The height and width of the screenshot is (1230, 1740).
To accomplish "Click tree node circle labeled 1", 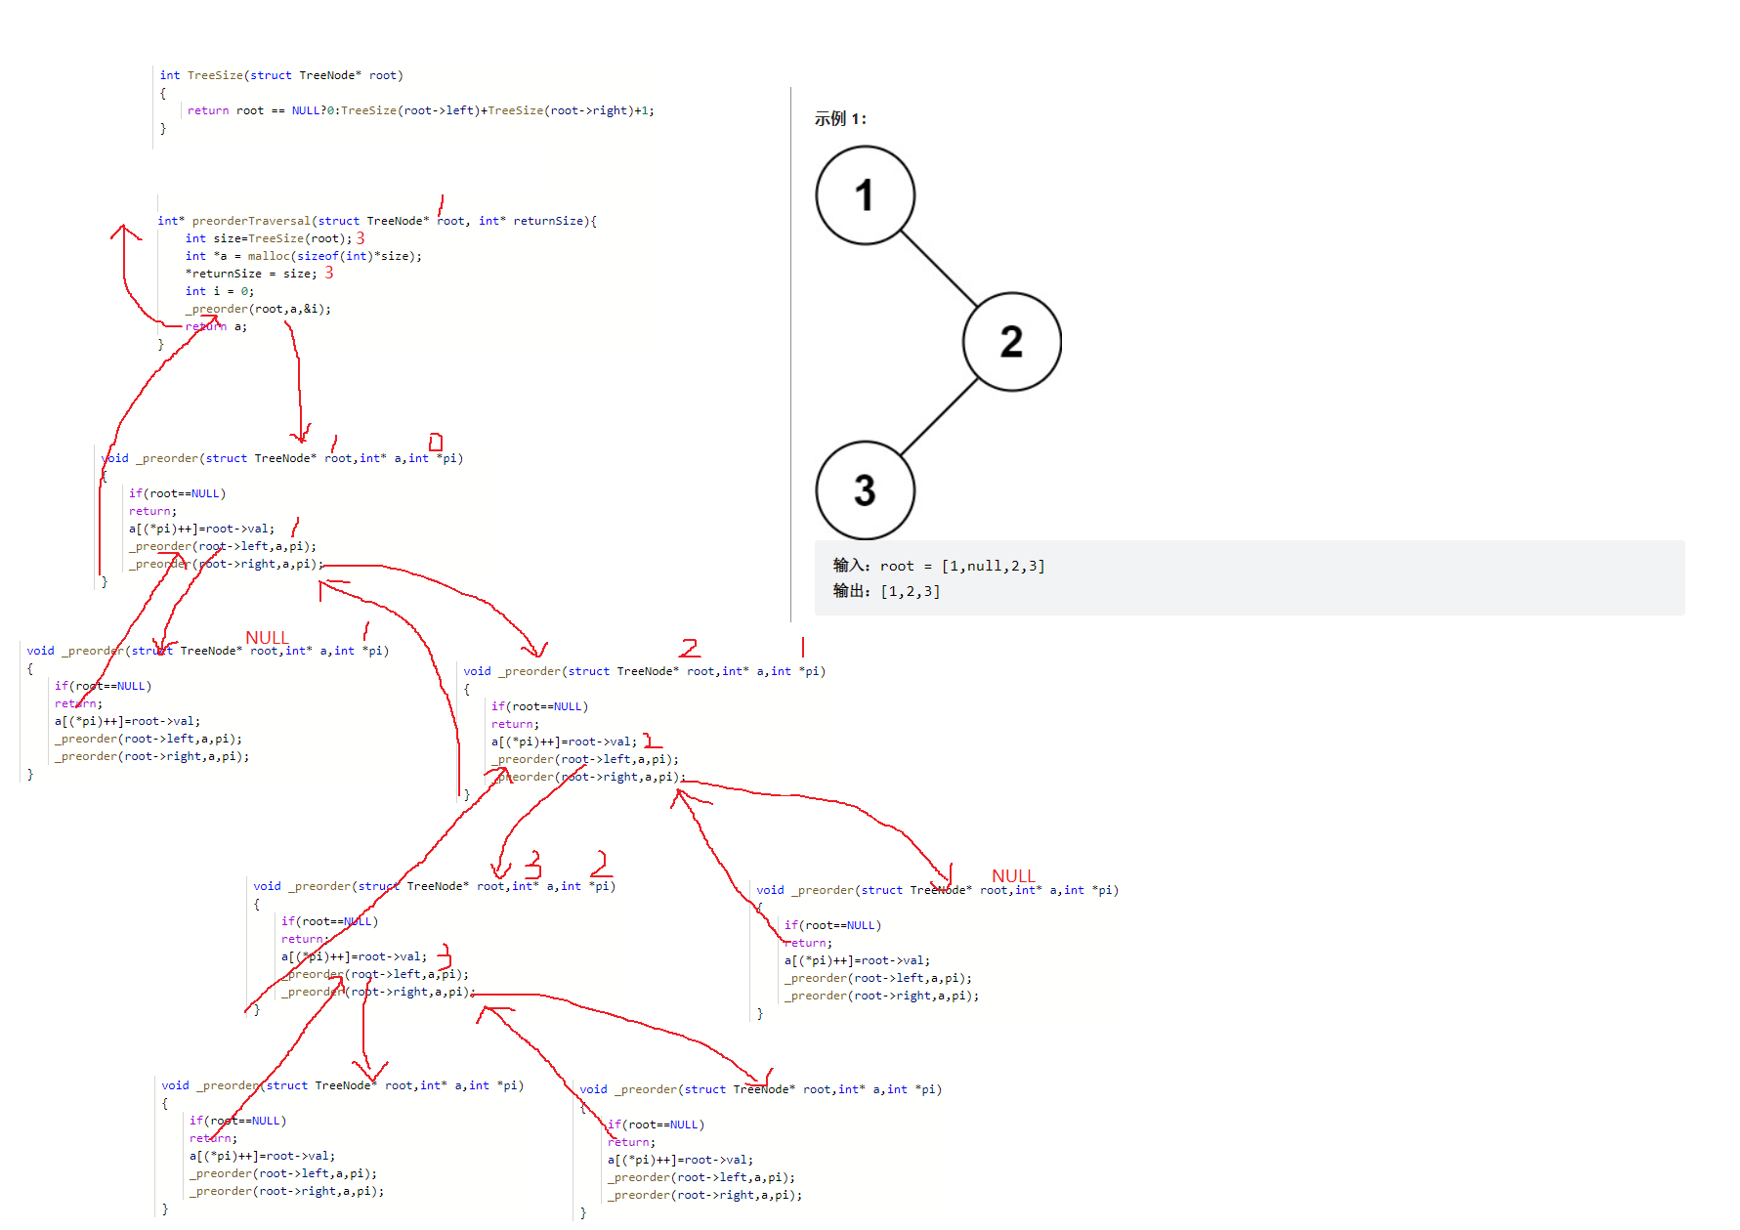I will pos(865,195).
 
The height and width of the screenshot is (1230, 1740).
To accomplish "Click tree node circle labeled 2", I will pos(1011,342).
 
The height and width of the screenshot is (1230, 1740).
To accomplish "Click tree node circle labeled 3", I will pos(865,489).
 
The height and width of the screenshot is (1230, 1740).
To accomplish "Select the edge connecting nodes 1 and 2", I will pos(938,269).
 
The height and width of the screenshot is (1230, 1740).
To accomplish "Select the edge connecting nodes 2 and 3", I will pos(938,417).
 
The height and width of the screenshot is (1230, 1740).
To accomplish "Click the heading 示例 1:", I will pos(840,119).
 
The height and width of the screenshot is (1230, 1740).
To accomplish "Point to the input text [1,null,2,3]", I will pos(993,566).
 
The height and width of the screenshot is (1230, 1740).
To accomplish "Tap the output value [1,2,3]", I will pos(910,591).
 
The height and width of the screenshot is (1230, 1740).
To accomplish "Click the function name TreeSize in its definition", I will pos(215,75).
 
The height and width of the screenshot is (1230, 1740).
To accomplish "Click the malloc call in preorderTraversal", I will pos(268,256).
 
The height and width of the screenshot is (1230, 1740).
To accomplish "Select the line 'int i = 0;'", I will pos(219,291).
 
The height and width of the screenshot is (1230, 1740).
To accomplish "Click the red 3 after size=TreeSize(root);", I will pos(361,237).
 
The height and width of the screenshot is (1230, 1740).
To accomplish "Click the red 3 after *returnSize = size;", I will pos(329,273).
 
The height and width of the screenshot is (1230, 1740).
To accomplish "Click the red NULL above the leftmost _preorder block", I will pos(267,637).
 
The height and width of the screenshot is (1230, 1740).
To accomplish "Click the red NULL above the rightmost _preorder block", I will pos(1013,875).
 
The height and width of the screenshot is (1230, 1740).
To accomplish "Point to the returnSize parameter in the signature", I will pos(549,221).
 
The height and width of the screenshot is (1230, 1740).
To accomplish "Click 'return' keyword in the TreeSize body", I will pos(207,110).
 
